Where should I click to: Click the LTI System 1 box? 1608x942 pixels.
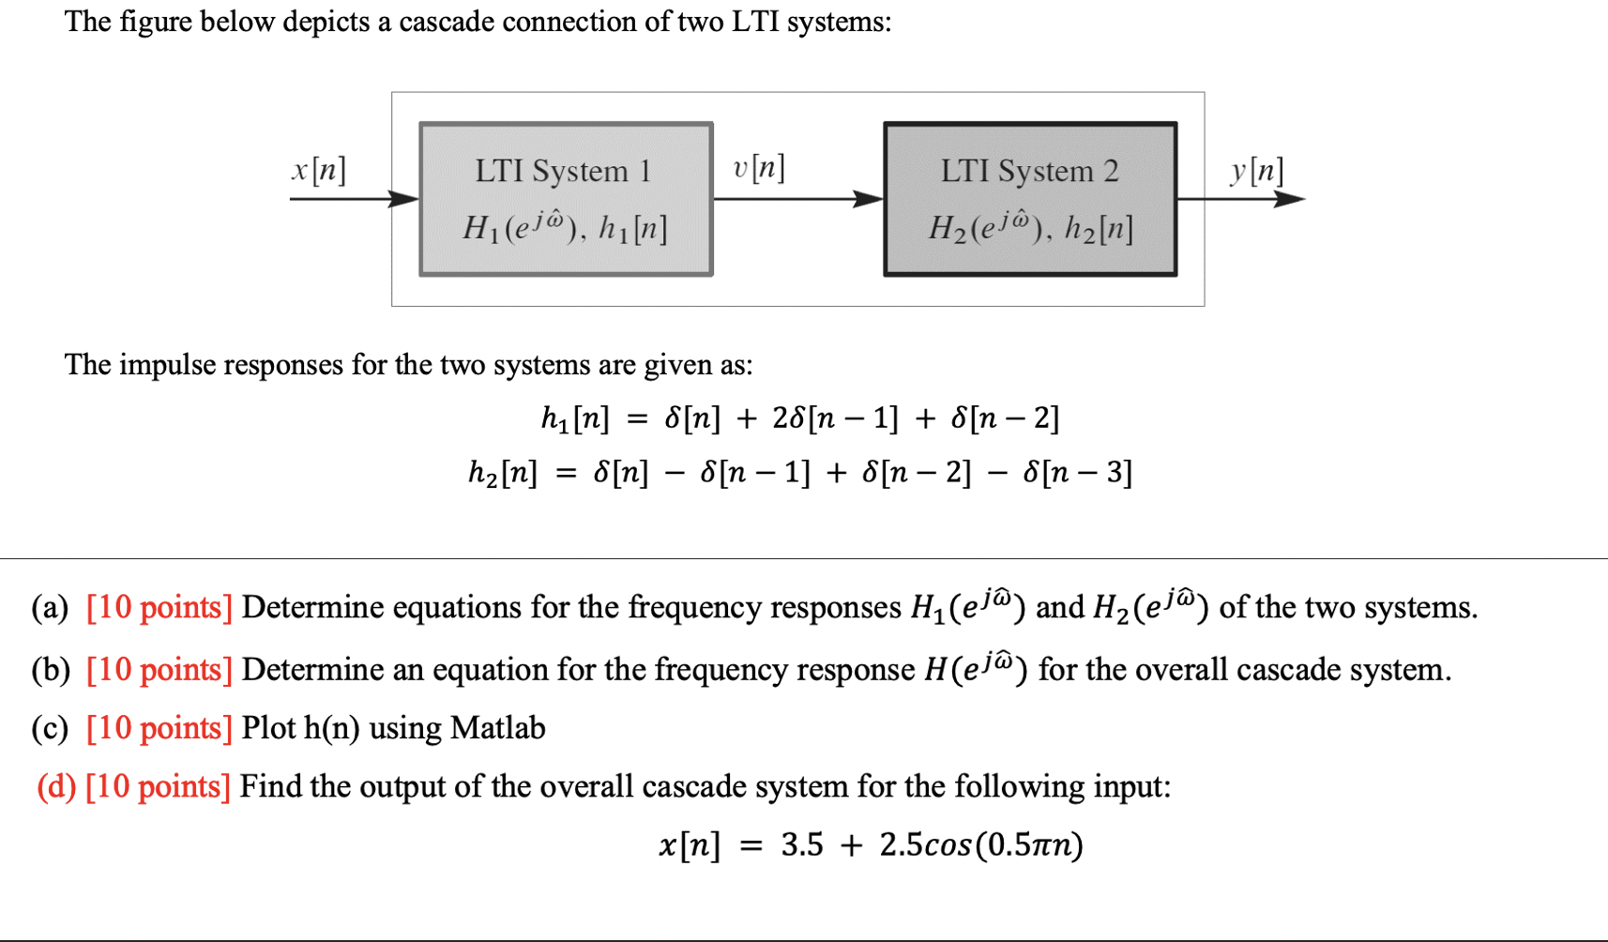(x=566, y=199)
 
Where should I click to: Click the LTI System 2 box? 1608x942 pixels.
(x=1030, y=199)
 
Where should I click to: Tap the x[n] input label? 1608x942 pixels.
(x=319, y=170)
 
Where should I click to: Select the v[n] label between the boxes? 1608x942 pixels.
(x=759, y=168)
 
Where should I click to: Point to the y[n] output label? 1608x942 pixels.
(x=1257, y=170)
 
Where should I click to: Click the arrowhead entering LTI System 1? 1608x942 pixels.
(x=405, y=199)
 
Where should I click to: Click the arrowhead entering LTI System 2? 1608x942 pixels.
(x=869, y=199)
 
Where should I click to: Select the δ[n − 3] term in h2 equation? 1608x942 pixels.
(x=1078, y=472)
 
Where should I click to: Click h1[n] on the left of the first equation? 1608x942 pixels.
(x=575, y=418)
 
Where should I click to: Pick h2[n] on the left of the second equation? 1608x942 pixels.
(x=503, y=472)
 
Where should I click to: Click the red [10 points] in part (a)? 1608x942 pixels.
(x=159, y=608)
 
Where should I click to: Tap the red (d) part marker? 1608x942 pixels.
(x=55, y=786)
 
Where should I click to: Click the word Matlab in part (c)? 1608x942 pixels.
(x=497, y=728)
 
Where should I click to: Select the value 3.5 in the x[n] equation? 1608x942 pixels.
(x=802, y=845)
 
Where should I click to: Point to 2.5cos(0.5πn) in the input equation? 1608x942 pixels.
(x=981, y=845)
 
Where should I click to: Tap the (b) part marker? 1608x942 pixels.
(x=51, y=670)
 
